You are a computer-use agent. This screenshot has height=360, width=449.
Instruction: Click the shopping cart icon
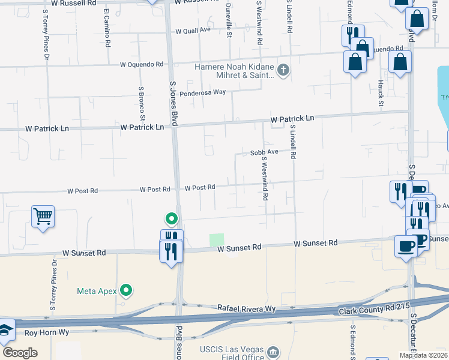(x=43, y=216)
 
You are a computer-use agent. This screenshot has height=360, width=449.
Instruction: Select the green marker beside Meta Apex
(x=126, y=291)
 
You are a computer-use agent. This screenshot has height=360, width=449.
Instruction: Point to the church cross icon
(x=283, y=71)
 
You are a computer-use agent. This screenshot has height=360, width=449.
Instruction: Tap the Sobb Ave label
(x=264, y=152)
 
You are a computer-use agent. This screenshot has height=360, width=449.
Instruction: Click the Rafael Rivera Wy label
(x=246, y=308)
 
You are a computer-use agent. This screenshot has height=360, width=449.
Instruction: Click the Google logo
(x=20, y=352)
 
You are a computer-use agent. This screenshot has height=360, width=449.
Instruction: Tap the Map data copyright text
(x=423, y=355)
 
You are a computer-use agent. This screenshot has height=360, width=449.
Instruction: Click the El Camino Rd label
(x=107, y=28)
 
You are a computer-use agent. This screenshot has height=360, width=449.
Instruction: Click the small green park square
(x=216, y=239)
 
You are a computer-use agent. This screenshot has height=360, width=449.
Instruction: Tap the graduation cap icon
(x=6, y=330)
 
